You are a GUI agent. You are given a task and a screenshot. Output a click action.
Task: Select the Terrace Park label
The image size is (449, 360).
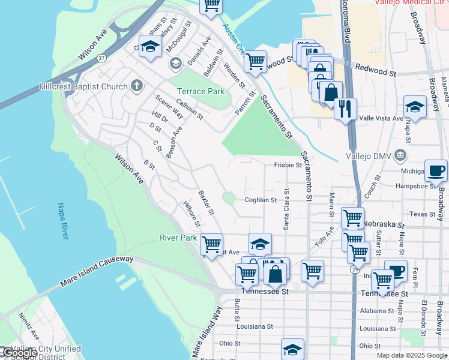coord(200,91)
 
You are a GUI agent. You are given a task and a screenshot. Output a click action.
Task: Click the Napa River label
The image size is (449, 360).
coord(63,221)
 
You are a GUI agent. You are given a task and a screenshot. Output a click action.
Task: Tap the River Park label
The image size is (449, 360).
coord(178,238)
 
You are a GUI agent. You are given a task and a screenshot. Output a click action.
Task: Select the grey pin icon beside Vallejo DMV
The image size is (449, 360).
coord(400,157)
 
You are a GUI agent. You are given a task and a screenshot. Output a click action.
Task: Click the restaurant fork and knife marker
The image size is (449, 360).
coord(345,109)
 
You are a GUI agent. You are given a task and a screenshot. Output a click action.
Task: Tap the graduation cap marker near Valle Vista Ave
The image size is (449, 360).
coord(415,107)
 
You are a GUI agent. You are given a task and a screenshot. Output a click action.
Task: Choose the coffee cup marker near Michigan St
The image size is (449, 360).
coord(436,170)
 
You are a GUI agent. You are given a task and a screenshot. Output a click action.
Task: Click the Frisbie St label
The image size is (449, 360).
coord(288,164)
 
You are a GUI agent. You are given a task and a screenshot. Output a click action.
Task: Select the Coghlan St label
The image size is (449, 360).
coord(260,200)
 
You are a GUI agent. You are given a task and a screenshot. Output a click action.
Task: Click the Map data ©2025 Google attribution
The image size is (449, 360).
coord(411,355)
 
